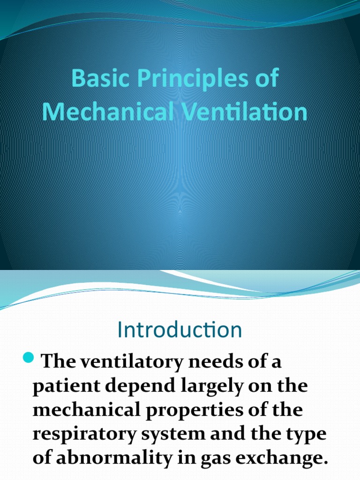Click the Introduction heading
[180, 330]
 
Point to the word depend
[133, 387]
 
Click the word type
[307, 434]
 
